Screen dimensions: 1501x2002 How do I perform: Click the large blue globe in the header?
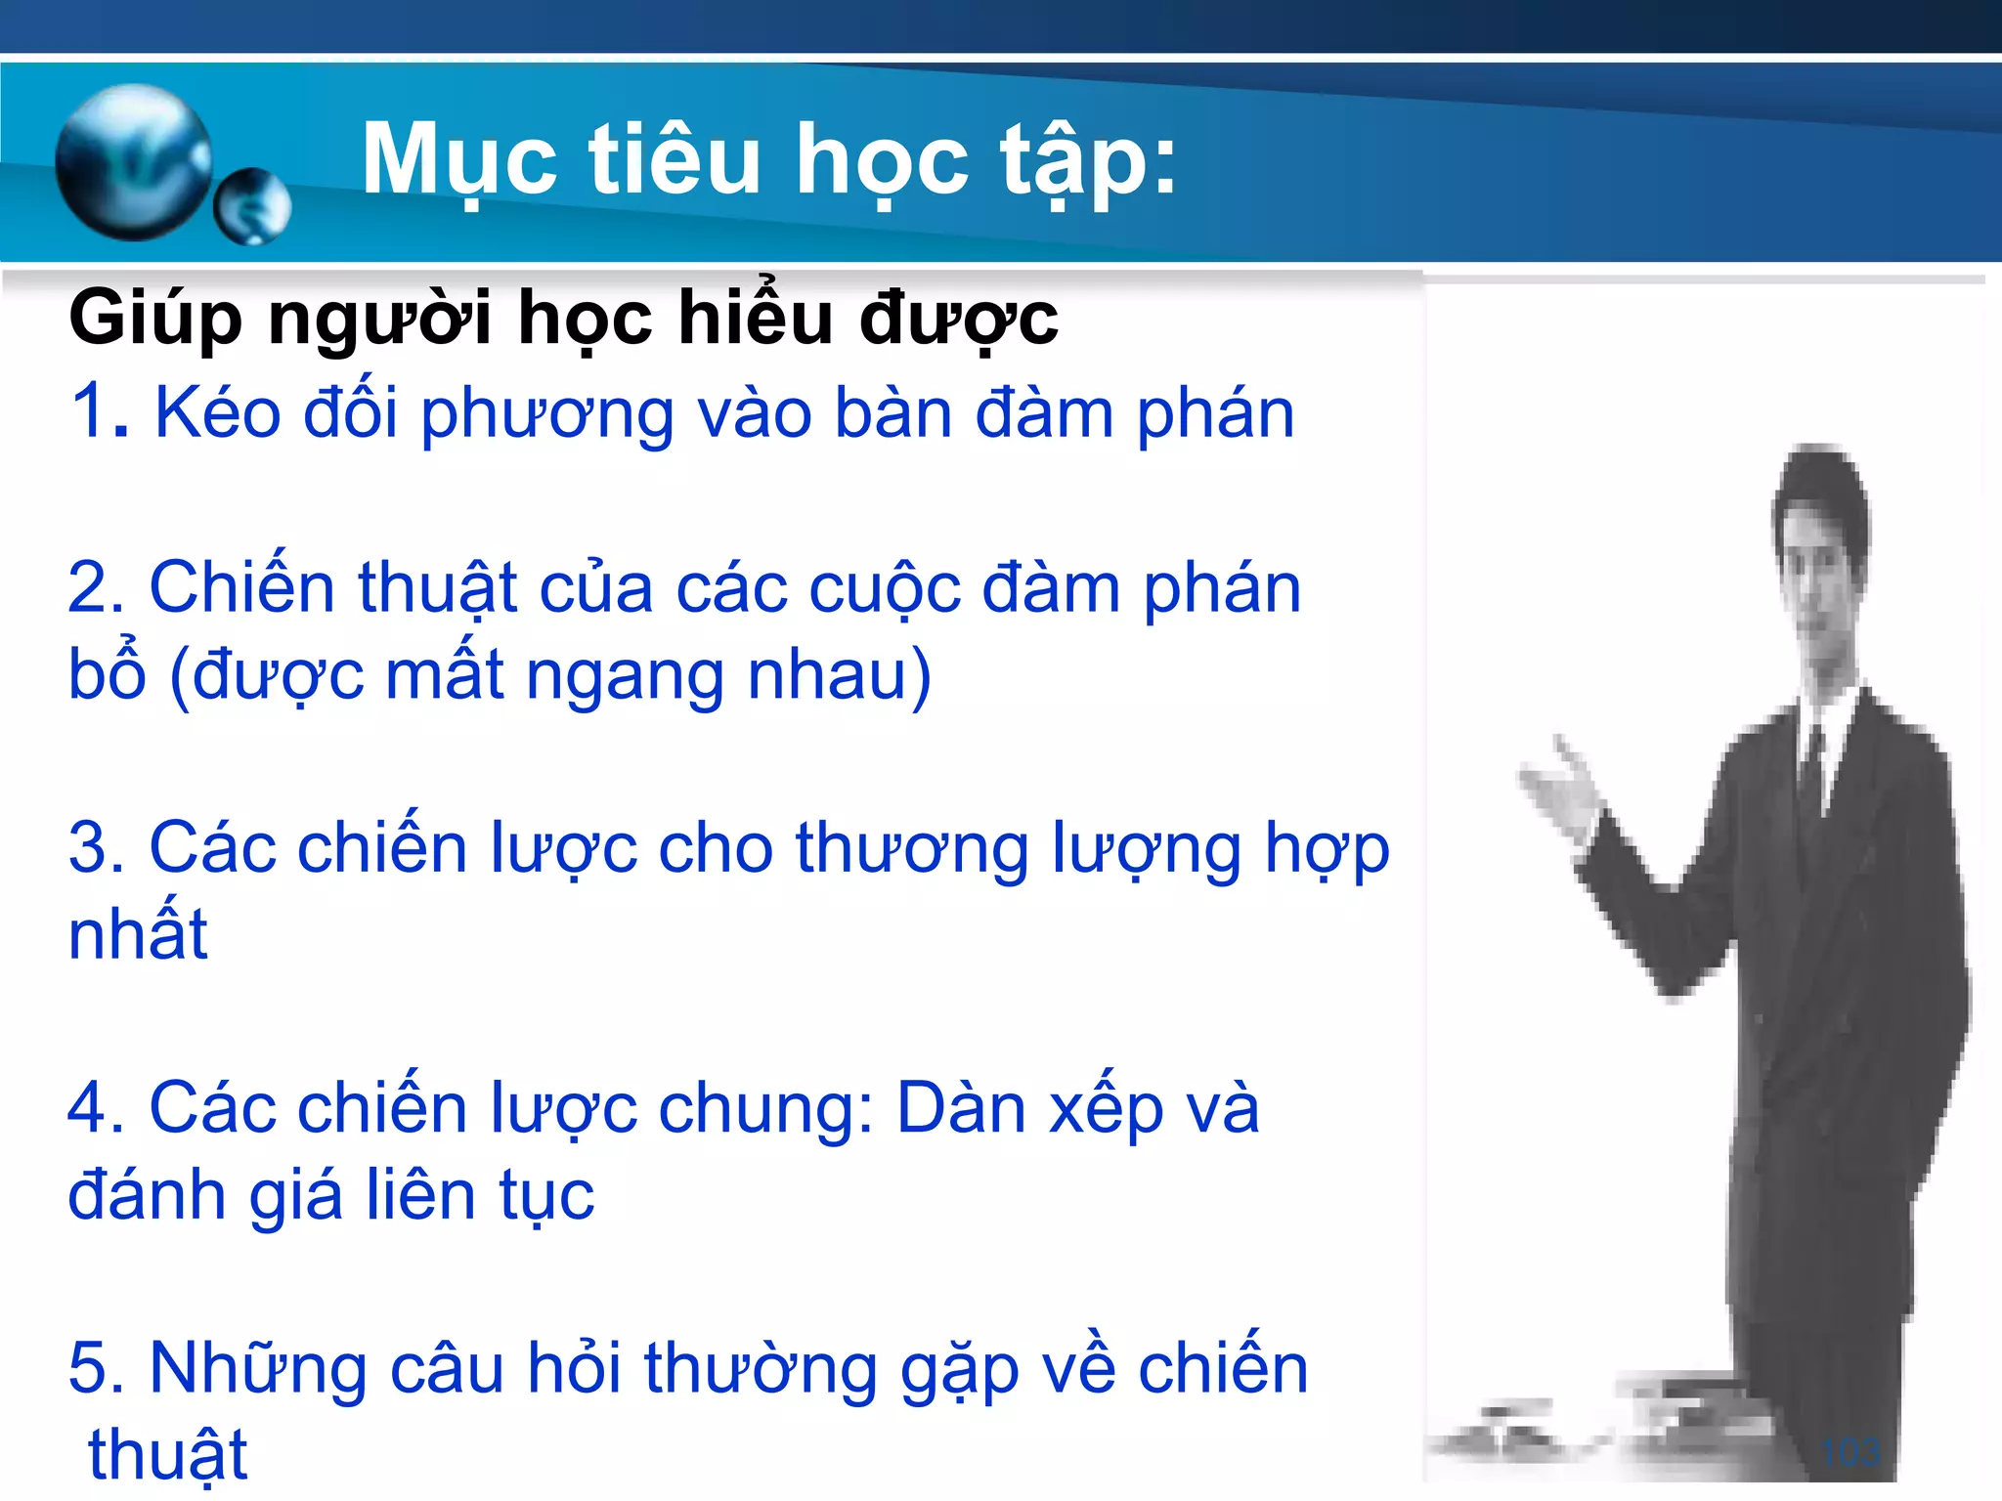point(134,162)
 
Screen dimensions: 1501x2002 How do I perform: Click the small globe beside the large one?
point(252,206)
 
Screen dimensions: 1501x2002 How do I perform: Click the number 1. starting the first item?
point(100,412)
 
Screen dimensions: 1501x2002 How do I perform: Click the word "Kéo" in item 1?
point(217,412)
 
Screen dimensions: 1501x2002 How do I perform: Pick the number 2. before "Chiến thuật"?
point(96,588)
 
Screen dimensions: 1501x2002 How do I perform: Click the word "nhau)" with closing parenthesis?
point(839,675)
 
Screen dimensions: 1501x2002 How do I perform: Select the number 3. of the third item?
point(96,847)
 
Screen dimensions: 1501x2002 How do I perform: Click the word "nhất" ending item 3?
point(138,933)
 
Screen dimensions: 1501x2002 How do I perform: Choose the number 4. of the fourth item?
point(96,1108)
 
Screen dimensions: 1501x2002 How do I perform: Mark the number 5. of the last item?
point(96,1368)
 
